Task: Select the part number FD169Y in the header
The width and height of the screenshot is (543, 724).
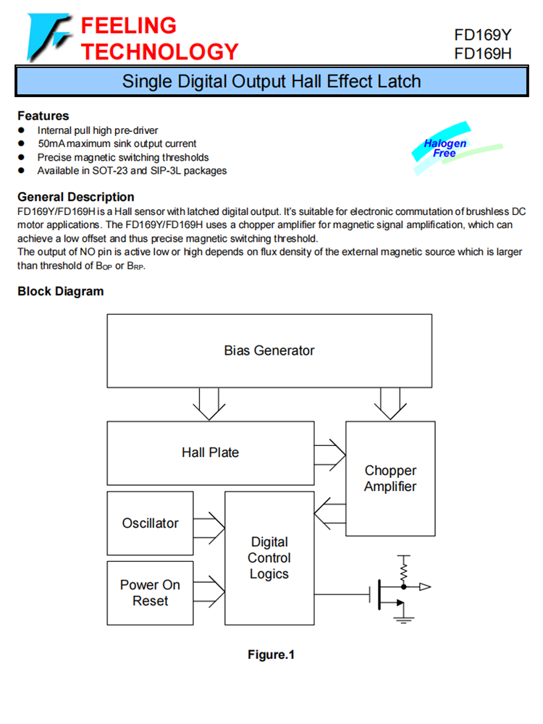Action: click(x=483, y=35)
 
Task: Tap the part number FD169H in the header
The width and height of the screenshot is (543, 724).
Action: click(x=483, y=54)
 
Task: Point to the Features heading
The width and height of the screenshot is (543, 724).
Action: click(x=43, y=116)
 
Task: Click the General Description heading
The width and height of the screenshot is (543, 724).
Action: click(x=76, y=197)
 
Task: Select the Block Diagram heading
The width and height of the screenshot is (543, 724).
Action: click(x=61, y=291)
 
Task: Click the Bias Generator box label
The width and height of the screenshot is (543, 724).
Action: click(x=269, y=350)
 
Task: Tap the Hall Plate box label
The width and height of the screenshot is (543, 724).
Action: click(x=210, y=452)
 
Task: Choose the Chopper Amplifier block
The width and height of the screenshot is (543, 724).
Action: click(x=390, y=479)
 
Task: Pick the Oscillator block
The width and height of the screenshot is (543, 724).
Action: click(x=150, y=523)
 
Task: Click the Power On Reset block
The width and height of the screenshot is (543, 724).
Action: click(x=150, y=593)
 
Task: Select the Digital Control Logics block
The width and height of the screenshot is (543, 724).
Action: click(x=269, y=557)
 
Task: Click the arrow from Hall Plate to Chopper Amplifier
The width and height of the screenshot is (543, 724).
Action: click(x=330, y=453)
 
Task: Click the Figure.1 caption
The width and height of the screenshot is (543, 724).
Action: click(x=271, y=655)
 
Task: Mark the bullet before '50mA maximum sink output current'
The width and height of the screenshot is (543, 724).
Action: click(x=22, y=143)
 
